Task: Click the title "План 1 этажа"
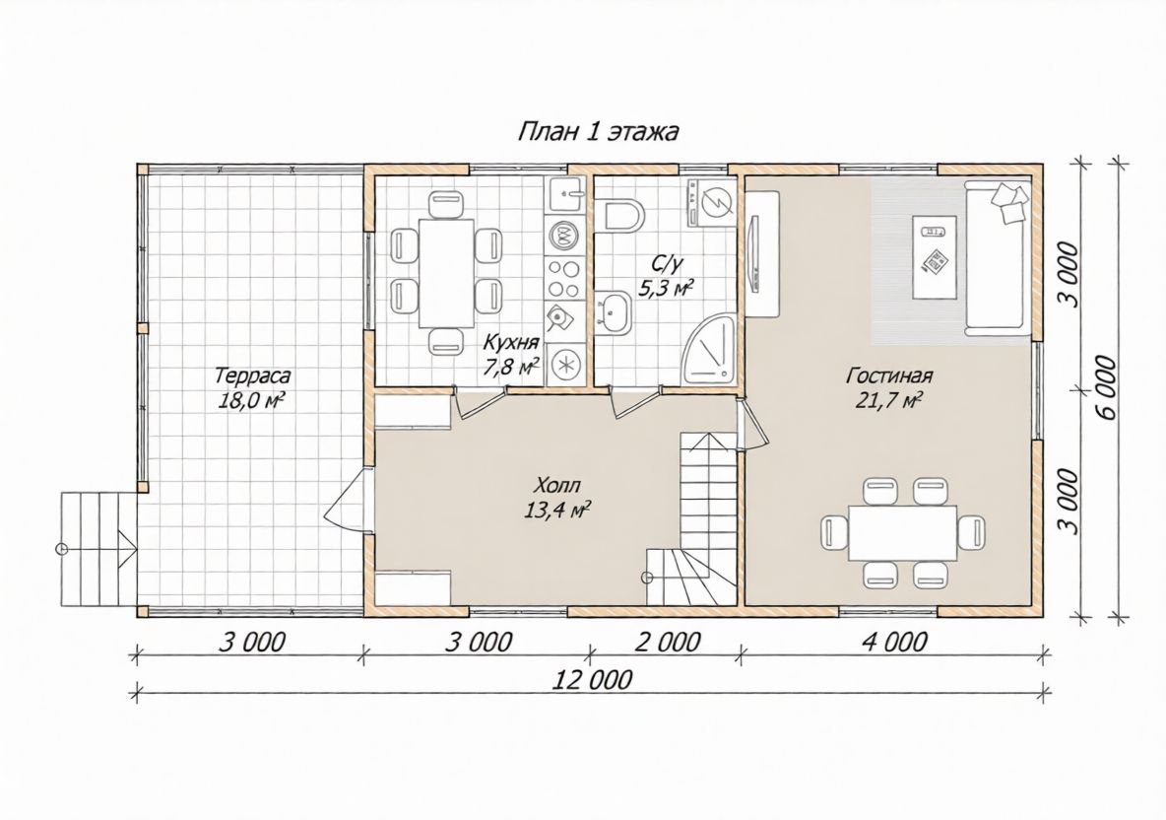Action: tap(597, 132)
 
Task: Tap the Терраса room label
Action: tap(253, 376)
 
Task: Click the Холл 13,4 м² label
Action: tap(556, 498)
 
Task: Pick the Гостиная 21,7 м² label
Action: tap(888, 387)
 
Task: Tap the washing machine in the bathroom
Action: tap(712, 201)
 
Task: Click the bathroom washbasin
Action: tap(614, 311)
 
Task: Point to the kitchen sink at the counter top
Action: tap(566, 196)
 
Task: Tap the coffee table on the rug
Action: tap(934, 256)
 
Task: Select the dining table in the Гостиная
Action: tap(903, 533)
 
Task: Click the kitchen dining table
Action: tap(445, 272)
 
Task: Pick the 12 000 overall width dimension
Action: tap(593, 679)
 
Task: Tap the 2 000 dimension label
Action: tap(667, 642)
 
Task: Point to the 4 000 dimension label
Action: tap(895, 642)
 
